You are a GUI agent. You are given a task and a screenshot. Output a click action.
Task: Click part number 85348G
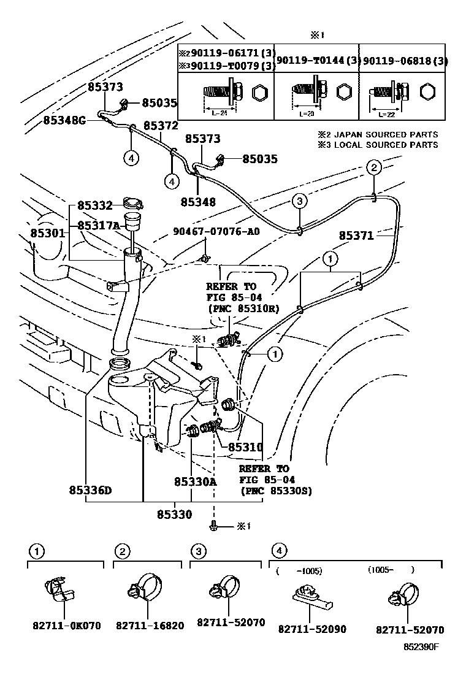click(64, 120)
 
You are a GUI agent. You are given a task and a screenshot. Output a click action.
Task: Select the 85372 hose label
click(161, 126)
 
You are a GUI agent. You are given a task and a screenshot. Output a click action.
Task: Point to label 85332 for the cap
click(94, 207)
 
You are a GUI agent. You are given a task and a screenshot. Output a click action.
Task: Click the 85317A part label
click(98, 226)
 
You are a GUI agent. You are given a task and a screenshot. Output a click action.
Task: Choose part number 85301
click(48, 234)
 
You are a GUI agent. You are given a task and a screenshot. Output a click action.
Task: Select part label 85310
click(245, 448)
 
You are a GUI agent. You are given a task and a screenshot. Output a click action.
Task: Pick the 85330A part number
click(195, 481)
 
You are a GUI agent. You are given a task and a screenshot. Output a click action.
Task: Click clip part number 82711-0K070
click(66, 626)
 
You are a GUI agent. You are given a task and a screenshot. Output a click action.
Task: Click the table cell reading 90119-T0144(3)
click(315, 60)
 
